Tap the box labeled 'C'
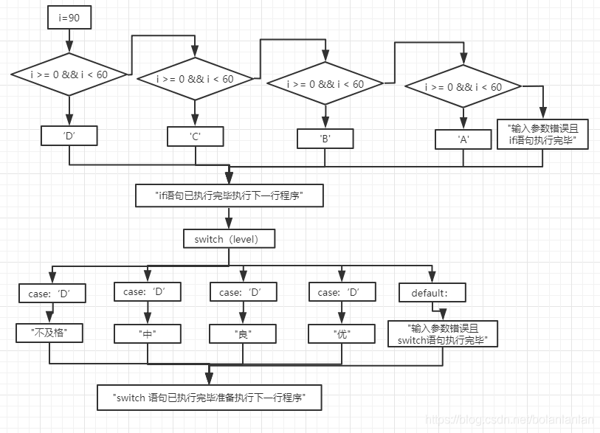[195, 136]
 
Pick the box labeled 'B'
[325, 138]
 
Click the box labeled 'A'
[463, 139]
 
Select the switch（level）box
[229, 239]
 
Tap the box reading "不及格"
[50, 333]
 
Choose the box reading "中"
[147, 334]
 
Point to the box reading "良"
[242, 334]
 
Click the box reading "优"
[340, 334]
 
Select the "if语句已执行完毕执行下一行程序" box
[230, 195]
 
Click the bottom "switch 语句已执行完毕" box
[210, 397]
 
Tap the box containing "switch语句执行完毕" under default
[443, 333]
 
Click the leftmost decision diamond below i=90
[69, 75]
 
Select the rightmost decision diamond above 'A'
[463, 86]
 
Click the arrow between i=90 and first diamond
[69, 41]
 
